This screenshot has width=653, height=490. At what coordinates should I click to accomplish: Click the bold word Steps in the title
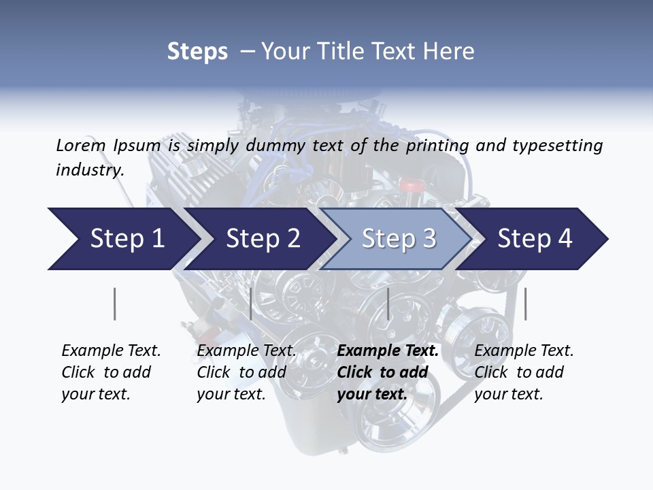point(197,52)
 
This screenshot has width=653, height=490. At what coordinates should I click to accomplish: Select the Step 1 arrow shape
point(122,239)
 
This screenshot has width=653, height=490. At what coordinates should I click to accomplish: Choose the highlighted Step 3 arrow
point(399,239)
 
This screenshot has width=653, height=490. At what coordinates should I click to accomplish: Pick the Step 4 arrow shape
point(535,239)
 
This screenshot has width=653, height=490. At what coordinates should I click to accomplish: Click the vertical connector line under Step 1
point(114,304)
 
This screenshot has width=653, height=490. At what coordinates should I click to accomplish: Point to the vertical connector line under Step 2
point(251,304)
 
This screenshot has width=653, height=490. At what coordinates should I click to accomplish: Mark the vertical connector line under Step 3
point(388,304)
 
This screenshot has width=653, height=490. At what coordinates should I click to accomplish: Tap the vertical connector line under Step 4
point(525,304)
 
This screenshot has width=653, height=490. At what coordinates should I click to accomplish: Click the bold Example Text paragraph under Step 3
point(388,372)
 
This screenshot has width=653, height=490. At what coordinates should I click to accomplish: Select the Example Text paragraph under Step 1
point(111,372)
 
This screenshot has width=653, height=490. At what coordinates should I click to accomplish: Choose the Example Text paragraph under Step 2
point(246,372)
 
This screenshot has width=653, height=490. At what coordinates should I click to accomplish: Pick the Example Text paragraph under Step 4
point(524,372)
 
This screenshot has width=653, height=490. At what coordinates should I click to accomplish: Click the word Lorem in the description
point(81,145)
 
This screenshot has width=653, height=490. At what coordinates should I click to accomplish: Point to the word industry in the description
point(89,170)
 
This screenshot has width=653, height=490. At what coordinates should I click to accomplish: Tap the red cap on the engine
point(411,185)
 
